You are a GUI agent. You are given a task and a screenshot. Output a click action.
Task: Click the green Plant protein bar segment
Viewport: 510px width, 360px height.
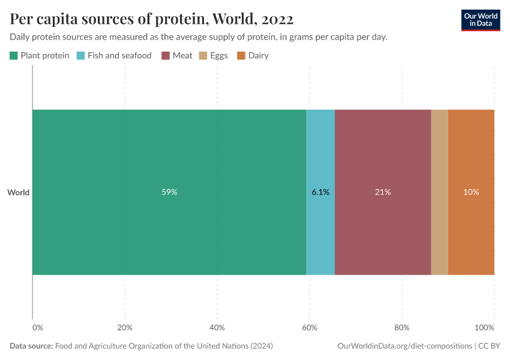click(x=169, y=150)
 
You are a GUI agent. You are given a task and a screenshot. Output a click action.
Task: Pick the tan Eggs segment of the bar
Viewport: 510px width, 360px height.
click(x=439, y=192)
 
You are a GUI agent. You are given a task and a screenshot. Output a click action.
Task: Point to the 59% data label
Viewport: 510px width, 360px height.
click(x=169, y=193)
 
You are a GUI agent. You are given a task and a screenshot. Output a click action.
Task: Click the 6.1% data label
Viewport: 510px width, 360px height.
click(x=320, y=193)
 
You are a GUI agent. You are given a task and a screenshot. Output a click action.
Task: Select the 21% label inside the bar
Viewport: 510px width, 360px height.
click(x=383, y=193)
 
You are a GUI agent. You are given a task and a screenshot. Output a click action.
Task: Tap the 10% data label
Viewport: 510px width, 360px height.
click(x=471, y=193)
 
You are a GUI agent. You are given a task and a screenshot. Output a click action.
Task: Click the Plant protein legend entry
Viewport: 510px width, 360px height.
click(x=40, y=56)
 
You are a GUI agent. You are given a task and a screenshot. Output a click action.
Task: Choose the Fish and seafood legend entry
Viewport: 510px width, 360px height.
click(x=114, y=56)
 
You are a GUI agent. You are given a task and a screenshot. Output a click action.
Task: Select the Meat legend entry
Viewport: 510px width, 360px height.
click(x=177, y=56)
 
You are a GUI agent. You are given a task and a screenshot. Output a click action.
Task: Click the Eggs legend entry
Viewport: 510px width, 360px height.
click(x=214, y=56)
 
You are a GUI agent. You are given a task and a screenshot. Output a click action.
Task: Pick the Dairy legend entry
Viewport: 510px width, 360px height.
click(x=253, y=56)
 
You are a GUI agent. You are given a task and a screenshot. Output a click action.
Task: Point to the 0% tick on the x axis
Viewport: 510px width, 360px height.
click(x=37, y=328)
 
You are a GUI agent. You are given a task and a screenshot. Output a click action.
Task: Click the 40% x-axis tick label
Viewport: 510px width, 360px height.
click(x=217, y=328)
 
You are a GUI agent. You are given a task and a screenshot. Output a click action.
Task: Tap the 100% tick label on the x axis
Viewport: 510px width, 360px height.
click(x=484, y=328)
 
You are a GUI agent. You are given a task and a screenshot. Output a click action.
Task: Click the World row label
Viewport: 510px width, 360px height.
click(x=18, y=193)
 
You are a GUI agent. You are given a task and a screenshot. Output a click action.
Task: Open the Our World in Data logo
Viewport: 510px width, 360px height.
click(x=481, y=20)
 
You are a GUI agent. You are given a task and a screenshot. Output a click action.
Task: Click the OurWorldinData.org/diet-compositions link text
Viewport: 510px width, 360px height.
click(x=404, y=346)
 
